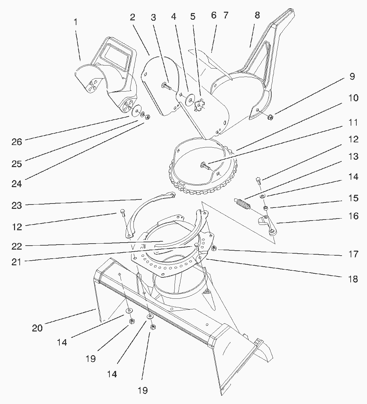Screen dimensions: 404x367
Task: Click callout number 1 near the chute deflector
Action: (x=76, y=22)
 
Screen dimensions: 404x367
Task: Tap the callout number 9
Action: (x=352, y=77)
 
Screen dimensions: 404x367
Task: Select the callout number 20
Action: (x=37, y=328)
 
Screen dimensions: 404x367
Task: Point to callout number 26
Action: (x=16, y=142)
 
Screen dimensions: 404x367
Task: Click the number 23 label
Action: (x=16, y=205)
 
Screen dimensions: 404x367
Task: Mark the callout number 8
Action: (x=257, y=15)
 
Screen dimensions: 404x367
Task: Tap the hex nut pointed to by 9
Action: (x=270, y=117)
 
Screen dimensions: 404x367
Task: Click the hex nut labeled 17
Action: (x=214, y=248)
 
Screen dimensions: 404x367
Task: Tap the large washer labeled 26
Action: (x=136, y=111)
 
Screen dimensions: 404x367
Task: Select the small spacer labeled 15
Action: (x=266, y=209)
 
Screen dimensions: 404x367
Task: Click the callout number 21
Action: (x=16, y=262)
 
